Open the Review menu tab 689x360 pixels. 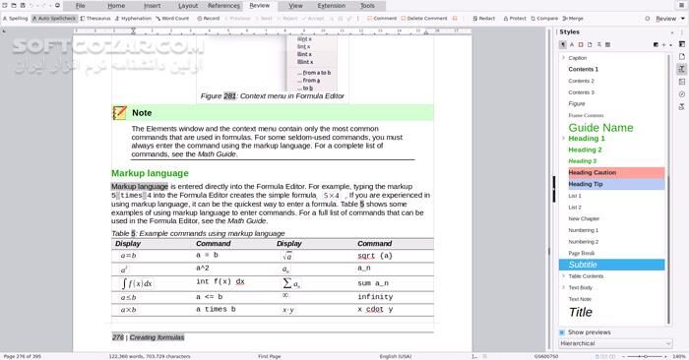coord(259,6)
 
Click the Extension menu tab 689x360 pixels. coord(331,6)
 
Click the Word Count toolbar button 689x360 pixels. coord(174,18)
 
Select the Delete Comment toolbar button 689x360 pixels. coord(426,18)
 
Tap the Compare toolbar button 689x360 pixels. coord(546,18)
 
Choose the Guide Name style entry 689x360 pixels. coord(600,127)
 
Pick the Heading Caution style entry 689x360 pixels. coord(593,172)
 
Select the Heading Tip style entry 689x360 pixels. coord(586,184)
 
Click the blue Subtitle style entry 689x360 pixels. coord(583,265)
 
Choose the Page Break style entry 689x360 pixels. coord(582,253)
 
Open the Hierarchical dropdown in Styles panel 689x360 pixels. coord(612,343)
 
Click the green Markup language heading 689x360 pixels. coord(150,173)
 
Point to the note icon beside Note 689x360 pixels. coord(119,113)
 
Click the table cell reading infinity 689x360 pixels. coord(375,296)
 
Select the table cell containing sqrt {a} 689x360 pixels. coord(375,256)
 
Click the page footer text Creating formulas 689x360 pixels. coord(157,336)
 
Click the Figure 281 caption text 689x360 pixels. coord(274,96)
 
